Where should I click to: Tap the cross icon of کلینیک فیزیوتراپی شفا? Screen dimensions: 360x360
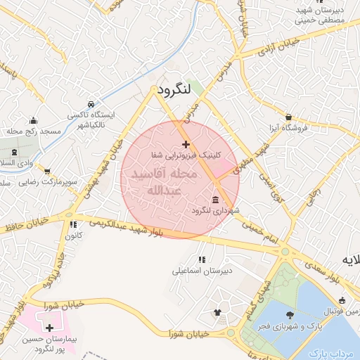186,144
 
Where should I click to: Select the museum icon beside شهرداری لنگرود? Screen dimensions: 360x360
214,200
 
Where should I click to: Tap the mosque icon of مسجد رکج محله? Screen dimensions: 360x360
33,120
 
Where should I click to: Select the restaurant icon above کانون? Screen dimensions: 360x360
73,224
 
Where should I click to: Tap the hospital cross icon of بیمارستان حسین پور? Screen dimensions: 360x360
49,328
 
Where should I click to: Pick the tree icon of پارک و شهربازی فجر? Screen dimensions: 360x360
290,316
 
